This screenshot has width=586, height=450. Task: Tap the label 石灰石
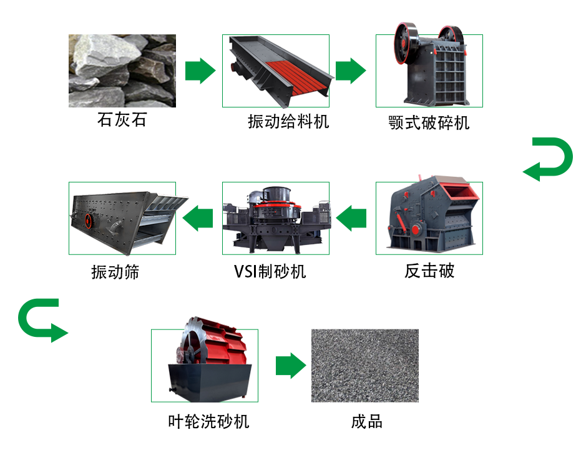click(x=122, y=119)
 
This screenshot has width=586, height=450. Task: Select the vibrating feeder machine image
click(x=276, y=71)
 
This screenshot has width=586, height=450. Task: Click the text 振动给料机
click(x=288, y=121)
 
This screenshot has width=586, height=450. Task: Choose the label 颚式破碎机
click(x=429, y=122)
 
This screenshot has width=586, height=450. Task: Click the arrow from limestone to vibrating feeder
click(x=200, y=71)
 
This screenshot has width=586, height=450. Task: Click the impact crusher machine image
click(x=429, y=218)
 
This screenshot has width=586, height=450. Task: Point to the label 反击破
click(x=429, y=271)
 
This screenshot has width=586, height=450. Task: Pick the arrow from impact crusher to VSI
click(x=351, y=218)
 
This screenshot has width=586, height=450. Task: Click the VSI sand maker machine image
click(x=276, y=218)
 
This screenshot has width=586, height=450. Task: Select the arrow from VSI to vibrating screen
click(x=198, y=218)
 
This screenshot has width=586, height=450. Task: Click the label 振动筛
click(x=115, y=272)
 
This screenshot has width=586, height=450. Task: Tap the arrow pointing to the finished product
click(x=291, y=366)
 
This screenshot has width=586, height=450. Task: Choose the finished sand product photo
click(x=365, y=366)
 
